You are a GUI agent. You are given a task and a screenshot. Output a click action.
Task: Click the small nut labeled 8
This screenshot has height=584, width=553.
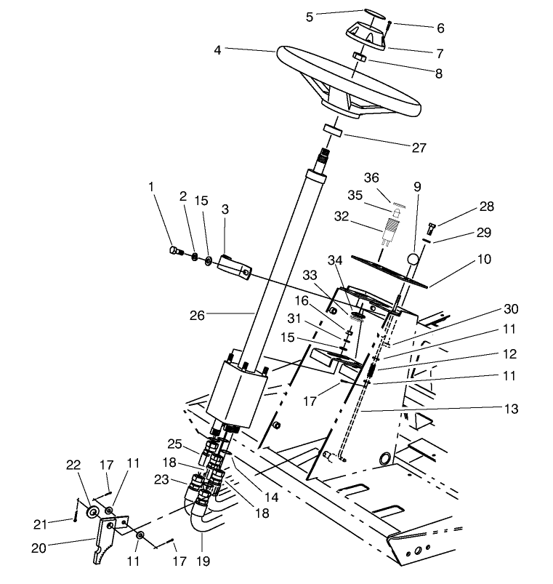pyautogui.click(x=358, y=57)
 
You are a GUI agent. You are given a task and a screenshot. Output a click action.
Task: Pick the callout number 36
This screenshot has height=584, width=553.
pyautogui.click(x=392, y=177)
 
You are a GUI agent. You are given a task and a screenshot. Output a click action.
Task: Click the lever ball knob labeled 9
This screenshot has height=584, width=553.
pyautogui.click(x=413, y=258)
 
